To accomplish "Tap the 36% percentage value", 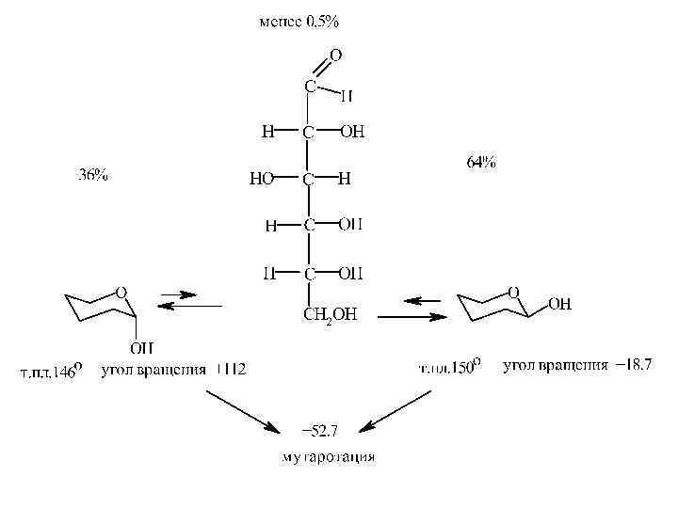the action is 91,175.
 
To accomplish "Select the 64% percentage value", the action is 481,162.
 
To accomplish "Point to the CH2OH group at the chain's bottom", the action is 329,314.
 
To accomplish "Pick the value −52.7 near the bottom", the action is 319,431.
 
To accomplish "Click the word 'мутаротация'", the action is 329,457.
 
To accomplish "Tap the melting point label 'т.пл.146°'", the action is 52,370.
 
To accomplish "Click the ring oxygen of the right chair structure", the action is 513,292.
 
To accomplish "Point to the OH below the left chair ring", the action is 141,348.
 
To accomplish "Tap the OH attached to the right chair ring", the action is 559,304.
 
